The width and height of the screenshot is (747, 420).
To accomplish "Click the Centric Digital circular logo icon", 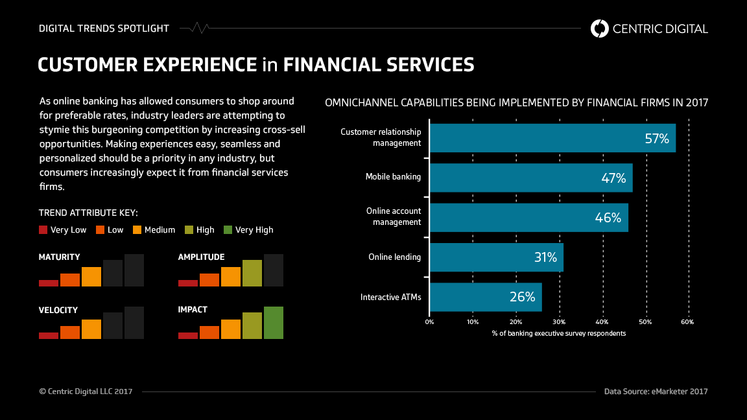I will (600, 29).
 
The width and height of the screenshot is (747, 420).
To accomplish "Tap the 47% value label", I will (613, 178).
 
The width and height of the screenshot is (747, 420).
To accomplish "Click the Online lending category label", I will (394, 257).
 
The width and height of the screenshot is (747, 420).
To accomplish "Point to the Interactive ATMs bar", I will (486, 297).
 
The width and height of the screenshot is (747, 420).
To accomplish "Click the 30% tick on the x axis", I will (559, 321).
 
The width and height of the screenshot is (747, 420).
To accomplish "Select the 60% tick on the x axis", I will (687, 321).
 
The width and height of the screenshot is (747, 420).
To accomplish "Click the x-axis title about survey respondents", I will (558, 333).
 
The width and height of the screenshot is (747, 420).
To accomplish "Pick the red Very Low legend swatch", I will (43, 229).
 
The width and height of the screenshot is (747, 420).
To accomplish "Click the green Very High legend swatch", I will (228, 229).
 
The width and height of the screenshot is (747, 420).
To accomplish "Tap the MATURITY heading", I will (60, 257).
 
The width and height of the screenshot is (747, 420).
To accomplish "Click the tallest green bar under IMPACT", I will (274, 323).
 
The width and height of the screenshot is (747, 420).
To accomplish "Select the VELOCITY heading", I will (58, 310).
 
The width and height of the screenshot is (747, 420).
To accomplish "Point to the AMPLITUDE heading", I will (201, 257).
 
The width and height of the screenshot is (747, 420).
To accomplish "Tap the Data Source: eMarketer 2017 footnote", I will (656, 391).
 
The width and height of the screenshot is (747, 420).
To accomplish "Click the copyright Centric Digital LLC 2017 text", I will (86, 391).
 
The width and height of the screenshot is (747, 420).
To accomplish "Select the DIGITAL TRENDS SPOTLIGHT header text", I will (104, 29).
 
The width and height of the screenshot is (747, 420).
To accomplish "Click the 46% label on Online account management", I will (608, 218).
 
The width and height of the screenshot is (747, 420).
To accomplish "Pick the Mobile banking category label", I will (393, 177).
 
